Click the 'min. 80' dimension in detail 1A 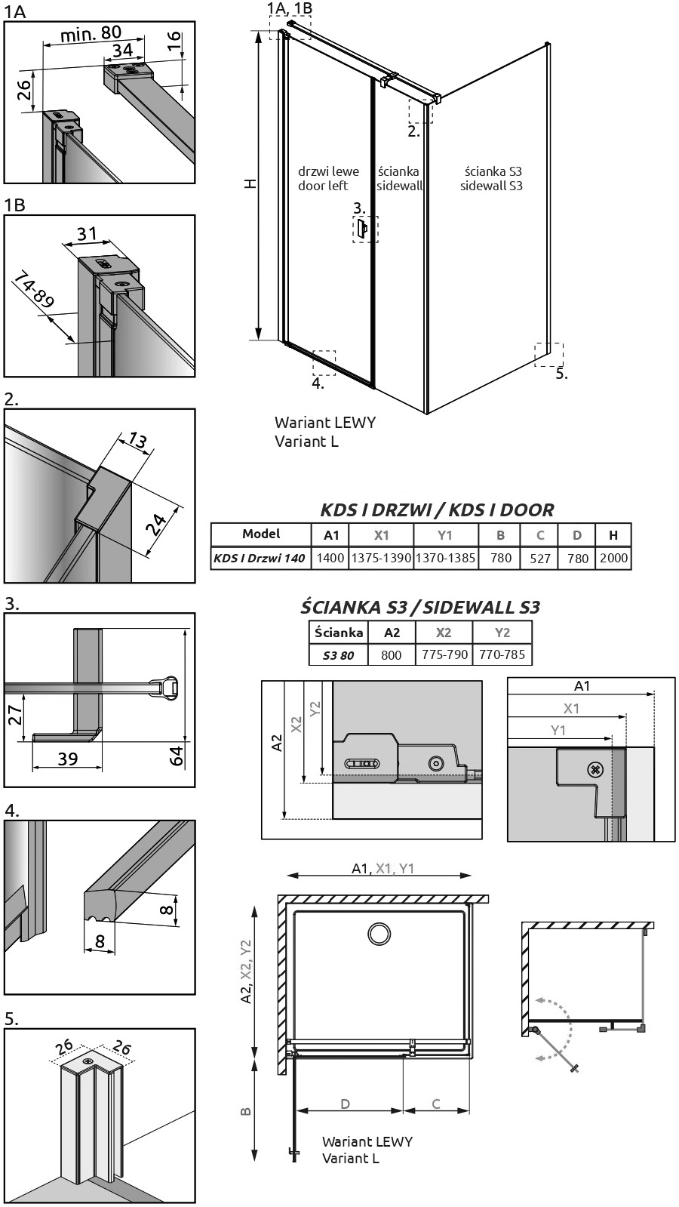[x=91, y=34]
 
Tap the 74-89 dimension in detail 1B [x=33, y=291]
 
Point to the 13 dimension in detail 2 [x=137, y=440]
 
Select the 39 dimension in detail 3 [x=68, y=758]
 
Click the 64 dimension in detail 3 [x=177, y=756]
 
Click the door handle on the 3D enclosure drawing [x=363, y=229]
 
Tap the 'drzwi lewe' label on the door [x=328, y=171]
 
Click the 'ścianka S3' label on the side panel [x=493, y=171]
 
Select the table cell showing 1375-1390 [x=381, y=558]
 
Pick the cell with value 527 [x=539, y=559]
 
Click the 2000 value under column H [x=614, y=558]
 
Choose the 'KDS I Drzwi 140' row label [x=260, y=558]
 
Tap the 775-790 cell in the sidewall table [x=444, y=654]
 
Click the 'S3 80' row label [x=338, y=656]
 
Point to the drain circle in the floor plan [x=379, y=933]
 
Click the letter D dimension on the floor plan [x=345, y=1104]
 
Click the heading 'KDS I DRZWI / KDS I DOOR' [x=437, y=510]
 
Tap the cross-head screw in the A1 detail [x=595, y=770]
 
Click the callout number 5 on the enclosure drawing [x=561, y=374]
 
